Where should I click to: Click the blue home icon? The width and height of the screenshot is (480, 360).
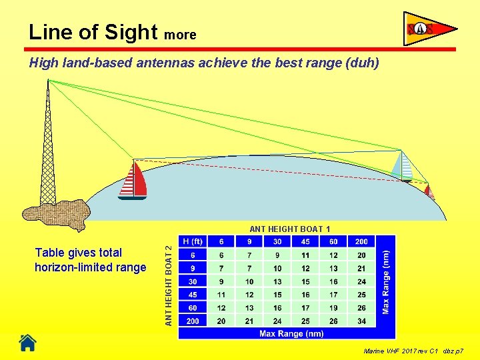[27, 343]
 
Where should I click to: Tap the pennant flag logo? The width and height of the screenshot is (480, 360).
[430, 29]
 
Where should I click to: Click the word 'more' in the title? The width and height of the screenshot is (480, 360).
[180, 35]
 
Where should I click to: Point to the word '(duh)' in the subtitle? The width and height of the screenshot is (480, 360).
[362, 63]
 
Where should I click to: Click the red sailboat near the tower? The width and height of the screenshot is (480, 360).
[133, 181]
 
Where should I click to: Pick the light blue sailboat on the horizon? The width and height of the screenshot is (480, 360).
[403, 167]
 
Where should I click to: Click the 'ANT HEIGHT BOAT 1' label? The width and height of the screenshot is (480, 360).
[290, 229]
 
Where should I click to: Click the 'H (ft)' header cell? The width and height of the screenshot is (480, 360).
[193, 241]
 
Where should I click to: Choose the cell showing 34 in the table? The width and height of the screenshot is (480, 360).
[361, 321]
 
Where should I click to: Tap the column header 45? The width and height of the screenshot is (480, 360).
[305, 241]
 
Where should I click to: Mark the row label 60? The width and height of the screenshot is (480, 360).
[193, 308]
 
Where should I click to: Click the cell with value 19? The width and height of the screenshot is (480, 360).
[333, 308]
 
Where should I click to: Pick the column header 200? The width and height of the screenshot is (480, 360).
[361, 241]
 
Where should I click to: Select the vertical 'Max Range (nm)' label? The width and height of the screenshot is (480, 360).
[386, 281]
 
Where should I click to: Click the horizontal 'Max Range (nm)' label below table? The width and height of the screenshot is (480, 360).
[291, 333]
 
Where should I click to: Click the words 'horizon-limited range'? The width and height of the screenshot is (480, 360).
[91, 267]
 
